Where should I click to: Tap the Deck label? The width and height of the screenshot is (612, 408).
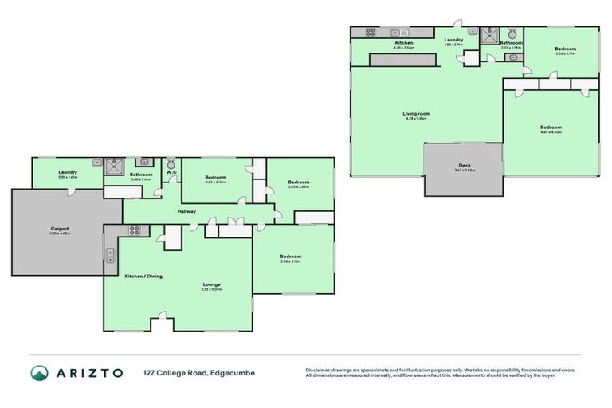pos(464,166)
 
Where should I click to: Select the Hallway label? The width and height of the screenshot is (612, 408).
pos(186,211)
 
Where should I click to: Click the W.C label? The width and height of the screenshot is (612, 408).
pos(171,173)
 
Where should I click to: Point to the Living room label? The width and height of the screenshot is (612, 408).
pos(416,114)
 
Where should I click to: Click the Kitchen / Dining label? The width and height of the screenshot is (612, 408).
pos(143,276)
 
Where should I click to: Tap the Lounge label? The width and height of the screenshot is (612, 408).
pos(211,284)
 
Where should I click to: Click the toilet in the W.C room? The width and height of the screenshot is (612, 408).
pos(171,162)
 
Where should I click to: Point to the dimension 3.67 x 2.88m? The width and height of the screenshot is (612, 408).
pos(464,171)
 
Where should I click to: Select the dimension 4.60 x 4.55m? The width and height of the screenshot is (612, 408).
pos(551,132)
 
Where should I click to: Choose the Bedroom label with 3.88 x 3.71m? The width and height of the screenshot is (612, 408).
pos(290,256)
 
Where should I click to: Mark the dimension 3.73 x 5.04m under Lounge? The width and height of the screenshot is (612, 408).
pos(211,289)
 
